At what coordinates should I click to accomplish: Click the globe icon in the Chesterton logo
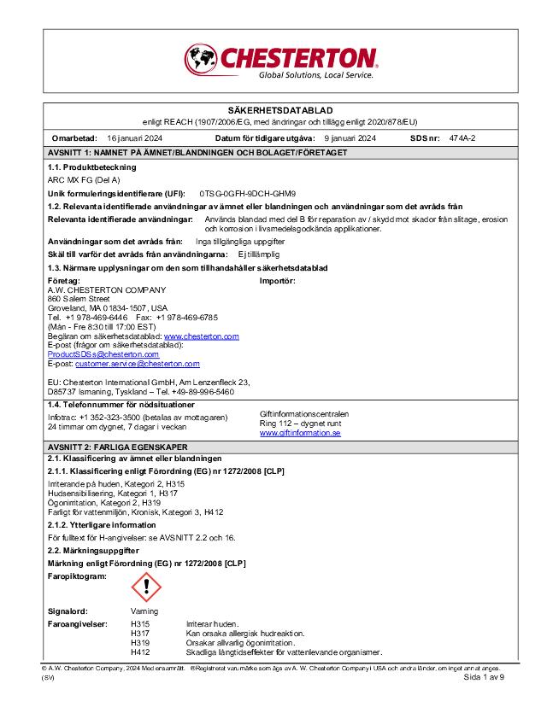tap(201, 59)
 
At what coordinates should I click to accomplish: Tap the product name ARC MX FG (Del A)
tap(85, 180)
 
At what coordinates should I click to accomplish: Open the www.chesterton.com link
tap(201, 337)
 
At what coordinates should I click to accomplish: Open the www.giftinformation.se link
tap(300, 433)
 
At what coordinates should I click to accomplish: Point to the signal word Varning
tap(144, 612)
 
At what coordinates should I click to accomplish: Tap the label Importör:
tap(277, 280)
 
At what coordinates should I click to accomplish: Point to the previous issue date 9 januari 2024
tap(351, 138)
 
